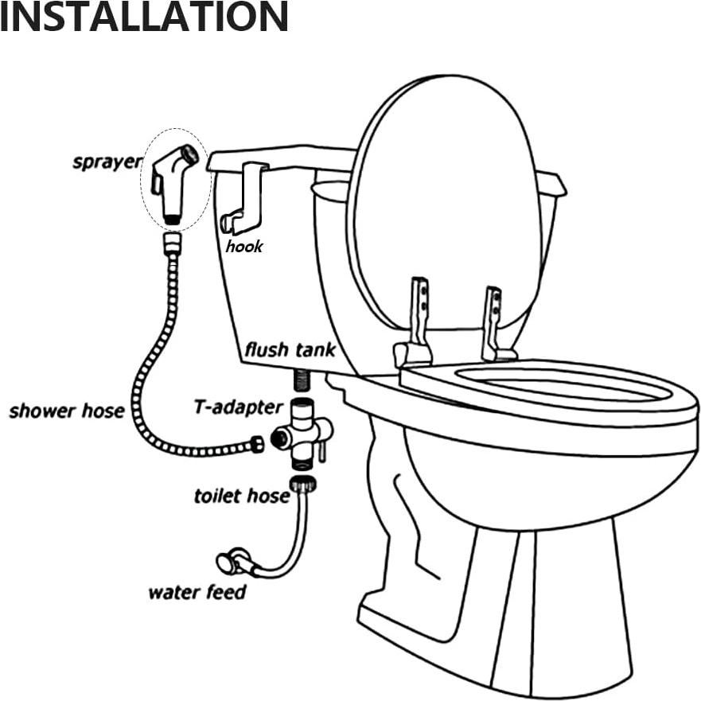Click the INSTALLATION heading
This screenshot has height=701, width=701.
pos(143,18)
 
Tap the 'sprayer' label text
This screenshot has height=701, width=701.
pos(107,162)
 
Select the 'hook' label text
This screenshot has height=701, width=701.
pos(243,247)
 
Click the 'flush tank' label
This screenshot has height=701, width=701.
pos(290,349)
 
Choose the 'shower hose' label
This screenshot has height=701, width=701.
pos(67,411)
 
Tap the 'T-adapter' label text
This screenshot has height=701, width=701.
pos(238,407)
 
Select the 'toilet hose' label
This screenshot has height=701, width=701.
pos(242,496)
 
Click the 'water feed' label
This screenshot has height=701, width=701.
pos(197,592)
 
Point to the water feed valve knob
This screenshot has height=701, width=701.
pos(226,562)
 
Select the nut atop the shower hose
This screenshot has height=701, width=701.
pos(172,242)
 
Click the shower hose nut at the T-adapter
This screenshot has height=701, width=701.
pos(257,444)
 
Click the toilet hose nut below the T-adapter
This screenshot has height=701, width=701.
pos(300,482)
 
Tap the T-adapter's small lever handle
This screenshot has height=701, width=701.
pos(322,452)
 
